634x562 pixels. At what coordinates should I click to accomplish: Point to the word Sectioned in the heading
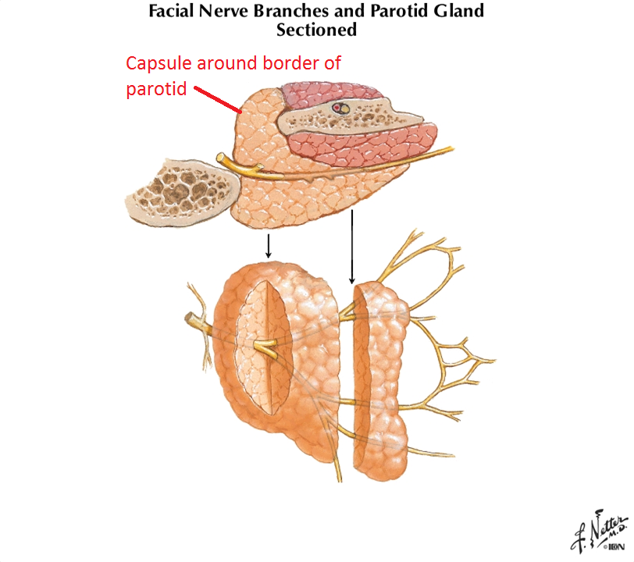click(316, 30)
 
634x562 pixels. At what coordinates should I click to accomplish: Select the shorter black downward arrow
click(269, 245)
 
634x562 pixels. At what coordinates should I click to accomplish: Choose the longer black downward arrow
click(352, 247)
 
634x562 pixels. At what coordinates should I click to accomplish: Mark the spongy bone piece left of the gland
click(182, 188)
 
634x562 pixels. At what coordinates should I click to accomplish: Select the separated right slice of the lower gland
click(381, 379)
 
